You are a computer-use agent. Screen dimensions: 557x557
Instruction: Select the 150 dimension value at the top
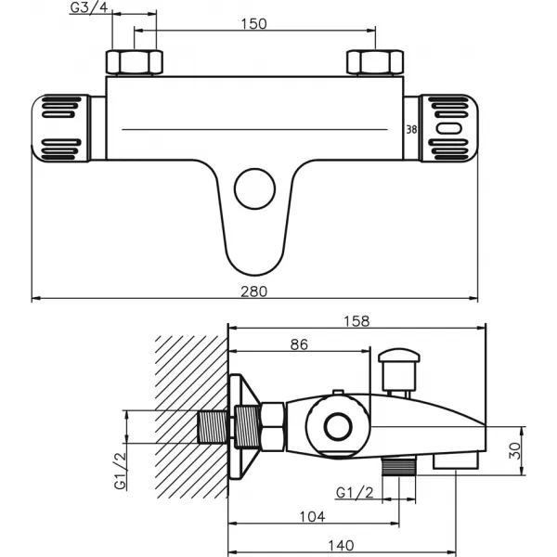pos(254,24)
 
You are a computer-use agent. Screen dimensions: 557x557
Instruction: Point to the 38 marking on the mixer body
pos(410,130)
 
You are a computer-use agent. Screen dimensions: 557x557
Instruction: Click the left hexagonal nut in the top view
pos(136,63)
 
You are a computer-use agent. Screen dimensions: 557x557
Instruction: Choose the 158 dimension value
pos(356,321)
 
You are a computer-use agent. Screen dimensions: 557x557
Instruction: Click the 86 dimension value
pos(298,344)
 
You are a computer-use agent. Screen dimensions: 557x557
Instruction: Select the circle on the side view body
pos(335,427)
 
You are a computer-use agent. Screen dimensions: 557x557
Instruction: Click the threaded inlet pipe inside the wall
pos(213,427)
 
